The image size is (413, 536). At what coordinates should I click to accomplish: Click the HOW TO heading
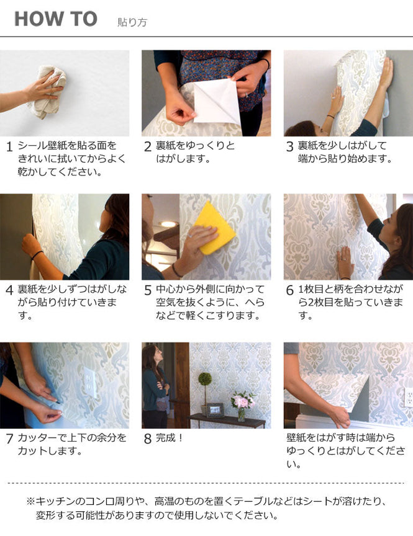[56, 19]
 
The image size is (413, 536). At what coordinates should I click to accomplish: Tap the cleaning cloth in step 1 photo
[47, 92]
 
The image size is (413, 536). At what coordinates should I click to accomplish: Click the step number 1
[9, 147]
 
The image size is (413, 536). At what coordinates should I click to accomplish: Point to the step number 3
[289, 147]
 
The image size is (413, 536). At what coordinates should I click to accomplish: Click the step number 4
[9, 290]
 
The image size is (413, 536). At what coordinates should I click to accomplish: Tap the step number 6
[289, 290]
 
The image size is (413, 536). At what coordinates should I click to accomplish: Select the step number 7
[9, 439]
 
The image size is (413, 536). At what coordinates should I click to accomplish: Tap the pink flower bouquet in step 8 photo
[242, 401]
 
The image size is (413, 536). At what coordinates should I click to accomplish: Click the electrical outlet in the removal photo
[408, 396]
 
